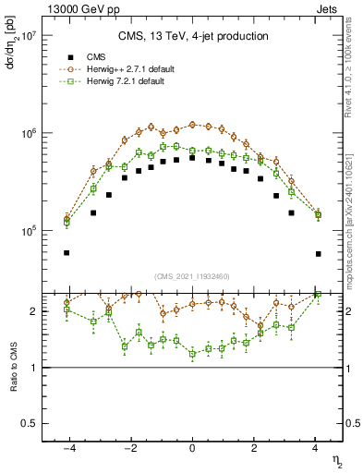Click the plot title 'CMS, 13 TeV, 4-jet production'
point(193,36)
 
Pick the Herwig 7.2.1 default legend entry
point(121,81)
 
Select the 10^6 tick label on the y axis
point(27,134)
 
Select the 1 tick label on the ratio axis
point(34,368)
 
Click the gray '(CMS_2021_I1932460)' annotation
point(192,275)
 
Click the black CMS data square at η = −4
point(67,252)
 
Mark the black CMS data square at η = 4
point(318,253)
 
